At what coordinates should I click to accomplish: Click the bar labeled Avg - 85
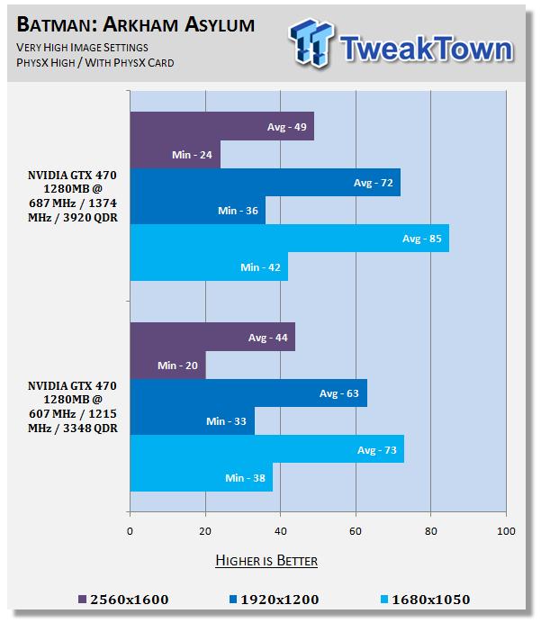click(x=289, y=239)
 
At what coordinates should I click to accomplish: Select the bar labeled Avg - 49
click(x=221, y=126)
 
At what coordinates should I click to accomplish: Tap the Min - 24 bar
click(x=175, y=155)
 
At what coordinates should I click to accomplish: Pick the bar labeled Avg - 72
click(x=265, y=183)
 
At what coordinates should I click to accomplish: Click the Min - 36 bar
click(x=197, y=211)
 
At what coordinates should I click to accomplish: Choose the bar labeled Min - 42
click(x=209, y=267)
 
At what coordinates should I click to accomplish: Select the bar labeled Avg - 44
click(x=212, y=337)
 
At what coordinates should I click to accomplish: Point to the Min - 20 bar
click(x=167, y=365)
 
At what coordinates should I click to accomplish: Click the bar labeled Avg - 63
click(x=248, y=393)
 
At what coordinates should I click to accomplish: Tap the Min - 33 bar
click(x=192, y=421)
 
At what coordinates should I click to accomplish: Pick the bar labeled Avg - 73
click(x=266, y=449)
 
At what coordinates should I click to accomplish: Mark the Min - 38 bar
click(x=201, y=477)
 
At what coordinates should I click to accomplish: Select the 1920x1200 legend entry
click(x=274, y=600)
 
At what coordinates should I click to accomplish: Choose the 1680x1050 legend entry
click(x=424, y=600)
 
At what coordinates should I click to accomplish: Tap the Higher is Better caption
click(x=266, y=561)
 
